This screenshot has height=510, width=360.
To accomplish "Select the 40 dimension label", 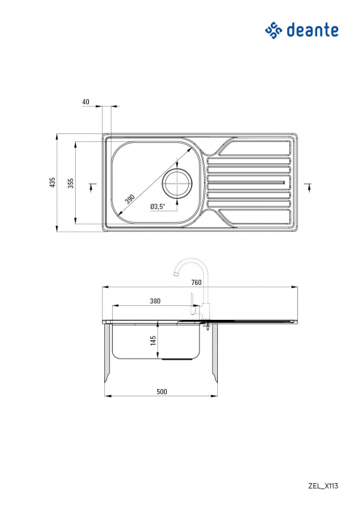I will (x=86, y=102).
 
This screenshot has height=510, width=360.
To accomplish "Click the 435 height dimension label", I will (x=52, y=183).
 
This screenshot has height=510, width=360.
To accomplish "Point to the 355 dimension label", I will (x=71, y=183).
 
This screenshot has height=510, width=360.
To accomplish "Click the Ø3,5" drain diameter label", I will (x=157, y=206).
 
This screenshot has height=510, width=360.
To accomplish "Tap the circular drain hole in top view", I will (x=176, y=183).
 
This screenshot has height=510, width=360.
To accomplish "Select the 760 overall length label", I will (x=196, y=282).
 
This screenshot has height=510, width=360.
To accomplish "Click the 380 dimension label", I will (x=154, y=300).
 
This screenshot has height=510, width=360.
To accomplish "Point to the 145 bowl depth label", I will (x=153, y=341).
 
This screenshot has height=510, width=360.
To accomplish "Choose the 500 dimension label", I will (x=161, y=392).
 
